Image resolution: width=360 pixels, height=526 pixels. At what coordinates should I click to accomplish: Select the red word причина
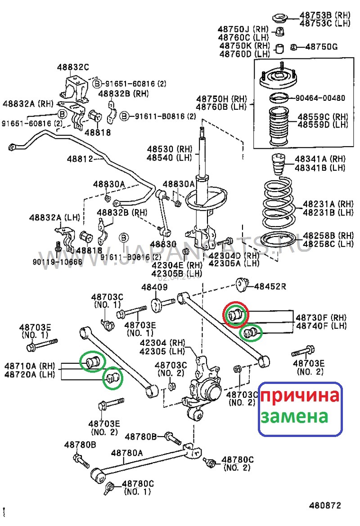pyautogui.click(x=300, y=396)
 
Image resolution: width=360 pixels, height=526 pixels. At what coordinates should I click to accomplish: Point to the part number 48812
pyautogui.click(x=80, y=159)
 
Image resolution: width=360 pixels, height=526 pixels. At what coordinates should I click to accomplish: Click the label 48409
pyautogui.click(x=154, y=287)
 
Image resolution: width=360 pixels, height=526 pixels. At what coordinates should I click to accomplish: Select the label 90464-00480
pyautogui.click(x=320, y=98)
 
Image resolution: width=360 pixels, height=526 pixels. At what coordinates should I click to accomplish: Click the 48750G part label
pyautogui.click(x=321, y=47)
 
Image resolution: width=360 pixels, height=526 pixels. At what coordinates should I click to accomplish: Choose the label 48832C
pyautogui.click(x=73, y=67)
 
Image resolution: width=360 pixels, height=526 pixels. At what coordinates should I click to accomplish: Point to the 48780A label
pyautogui.click(x=127, y=453)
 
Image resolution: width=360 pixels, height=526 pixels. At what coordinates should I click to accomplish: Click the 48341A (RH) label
pyautogui.click(x=320, y=159)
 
